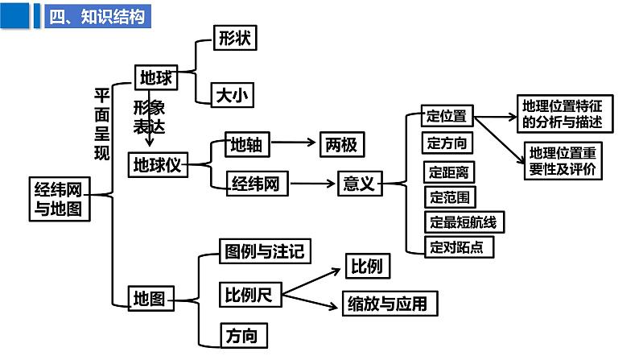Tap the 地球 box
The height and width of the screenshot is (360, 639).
coord(155,77)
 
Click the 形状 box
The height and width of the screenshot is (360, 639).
coord(235,37)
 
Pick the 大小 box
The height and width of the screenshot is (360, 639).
coord(233,96)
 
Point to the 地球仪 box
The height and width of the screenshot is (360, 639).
coord(159,165)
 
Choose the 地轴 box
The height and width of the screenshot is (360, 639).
coord(246,145)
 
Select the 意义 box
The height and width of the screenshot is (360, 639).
coord(358,184)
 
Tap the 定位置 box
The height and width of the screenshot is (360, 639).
coord(447,116)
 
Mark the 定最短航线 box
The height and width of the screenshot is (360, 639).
coord(464,221)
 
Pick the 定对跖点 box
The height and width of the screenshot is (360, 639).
coord(458,246)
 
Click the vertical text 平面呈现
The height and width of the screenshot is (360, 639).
coord(102,125)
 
